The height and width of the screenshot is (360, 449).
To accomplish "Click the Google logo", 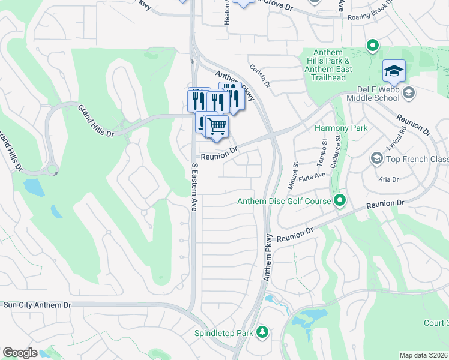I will click(x=20, y=353).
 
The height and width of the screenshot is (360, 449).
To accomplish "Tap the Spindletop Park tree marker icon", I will click(x=261, y=332).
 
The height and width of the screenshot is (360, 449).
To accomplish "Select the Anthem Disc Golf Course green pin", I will click(x=340, y=200).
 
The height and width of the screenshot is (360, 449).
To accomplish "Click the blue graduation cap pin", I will click(x=394, y=71).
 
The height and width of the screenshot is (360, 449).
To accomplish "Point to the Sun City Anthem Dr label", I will click(x=37, y=305).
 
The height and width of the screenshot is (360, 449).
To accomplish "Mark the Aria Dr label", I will click(x=388, y=179).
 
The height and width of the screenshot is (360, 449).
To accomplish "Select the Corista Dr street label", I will click(x=261, y=75).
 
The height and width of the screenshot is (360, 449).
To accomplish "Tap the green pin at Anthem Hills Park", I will click(x=372, y=45).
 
